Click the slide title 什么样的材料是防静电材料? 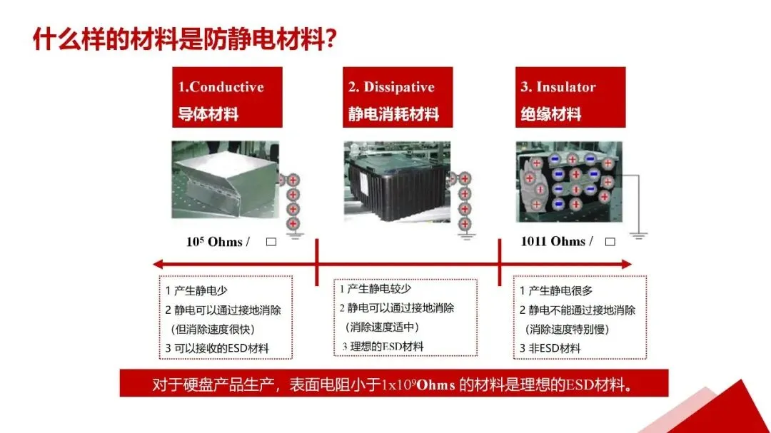(x=184, y=39)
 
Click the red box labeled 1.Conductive (x=227, y=97)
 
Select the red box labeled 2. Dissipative (x=398, y=97)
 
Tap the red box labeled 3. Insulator (x=570, y=97)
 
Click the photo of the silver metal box (x=225, y=180)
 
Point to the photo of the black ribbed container (x=397, y=181)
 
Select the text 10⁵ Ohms (x=214, y=242)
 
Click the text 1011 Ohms (x=553, y=241)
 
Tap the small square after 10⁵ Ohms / (x=271, y=242)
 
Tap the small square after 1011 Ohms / (x=610, y=242)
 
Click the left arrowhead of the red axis (x=157, y=265)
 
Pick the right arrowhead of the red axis (x=627, y=265)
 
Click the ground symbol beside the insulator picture (x=638, y=235)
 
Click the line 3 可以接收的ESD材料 (x=217, y=348)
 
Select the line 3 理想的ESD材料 (x=383, y=347)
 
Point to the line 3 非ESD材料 (x=550, y=348)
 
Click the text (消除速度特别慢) (x=567, y=330)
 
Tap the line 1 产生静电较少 (x=376, y=289)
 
